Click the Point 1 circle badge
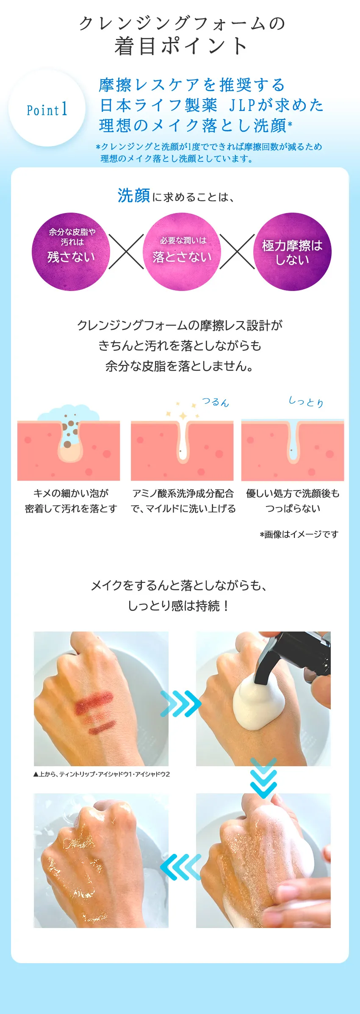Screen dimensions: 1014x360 pyautogui.click(x=47, y=109)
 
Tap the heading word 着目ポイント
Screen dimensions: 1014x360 pyautogui.click(x=181, y=46)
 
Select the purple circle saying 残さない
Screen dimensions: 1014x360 pyautogui.click(x=71, y=252)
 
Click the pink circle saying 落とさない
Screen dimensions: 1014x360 pyautogui.click(x=182, y=252)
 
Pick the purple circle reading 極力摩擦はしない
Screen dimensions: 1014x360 pyautogui.click(x=292, y=252)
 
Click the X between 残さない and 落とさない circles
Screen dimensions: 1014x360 pyautogui.click(x=126, y=252)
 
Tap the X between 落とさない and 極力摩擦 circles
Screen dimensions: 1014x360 pyautogui.click(x=237, y=252)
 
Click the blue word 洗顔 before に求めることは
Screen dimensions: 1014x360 pyautogui.click(x=133, y=196)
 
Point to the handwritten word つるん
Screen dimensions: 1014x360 pyautogui.click(x=215, y=402)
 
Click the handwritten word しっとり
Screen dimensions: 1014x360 pyautogui.click(x=306, y=401)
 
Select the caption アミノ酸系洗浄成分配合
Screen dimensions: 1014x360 pyautogui.click(x=183, y=493)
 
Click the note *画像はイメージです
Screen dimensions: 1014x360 pyautogui.click(x=299, y=534)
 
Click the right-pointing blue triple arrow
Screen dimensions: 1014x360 pyautogui.click(x=181, y=704)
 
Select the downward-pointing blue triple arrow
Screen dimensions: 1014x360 pyautogui.click(x=263, y=778)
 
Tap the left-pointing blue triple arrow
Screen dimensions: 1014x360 pyautogui.click(x=181, y=867)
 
